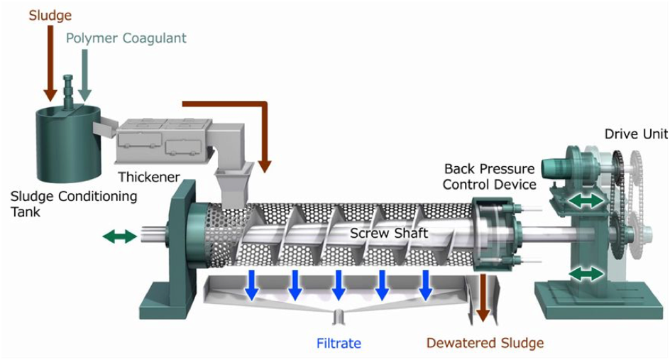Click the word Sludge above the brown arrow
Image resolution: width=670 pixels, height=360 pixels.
click(x=50, y=16)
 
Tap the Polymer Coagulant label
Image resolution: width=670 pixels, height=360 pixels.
click(x=126, y=38)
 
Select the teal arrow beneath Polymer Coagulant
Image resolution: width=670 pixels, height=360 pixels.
click(x=84, y=75)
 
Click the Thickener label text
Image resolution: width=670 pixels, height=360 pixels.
click(x=149, y=177)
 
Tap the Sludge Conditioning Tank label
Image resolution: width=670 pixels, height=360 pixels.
click(x=74, y=204)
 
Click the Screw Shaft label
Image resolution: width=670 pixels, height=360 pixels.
click(x=389, y=233)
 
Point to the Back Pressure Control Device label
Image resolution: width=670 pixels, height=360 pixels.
click(x=489, y=177)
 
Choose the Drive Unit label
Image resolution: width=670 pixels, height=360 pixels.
click(x=636, y=133)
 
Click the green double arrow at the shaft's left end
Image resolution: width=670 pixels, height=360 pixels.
click(x=120, y=236)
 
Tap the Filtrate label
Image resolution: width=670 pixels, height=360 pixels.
click(x=339, y=344)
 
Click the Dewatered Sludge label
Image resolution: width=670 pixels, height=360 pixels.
click(x=485, y=343)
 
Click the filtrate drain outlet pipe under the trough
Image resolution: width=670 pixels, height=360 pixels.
click(x=339, y=317)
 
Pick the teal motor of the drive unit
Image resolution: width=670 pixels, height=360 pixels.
click(x=556, y=168)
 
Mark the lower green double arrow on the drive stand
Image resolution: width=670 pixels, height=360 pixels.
click(x=586, y=273)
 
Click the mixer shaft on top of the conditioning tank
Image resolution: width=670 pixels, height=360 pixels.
click(x=68, y=89)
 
